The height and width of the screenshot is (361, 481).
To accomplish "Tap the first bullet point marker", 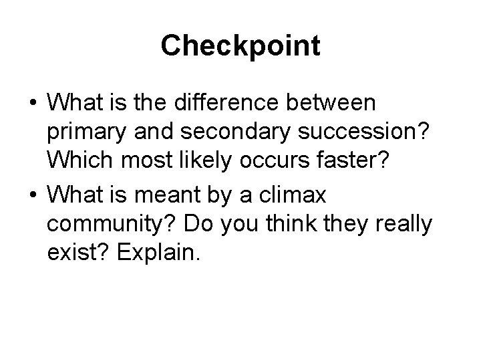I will tap(32, 104).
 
